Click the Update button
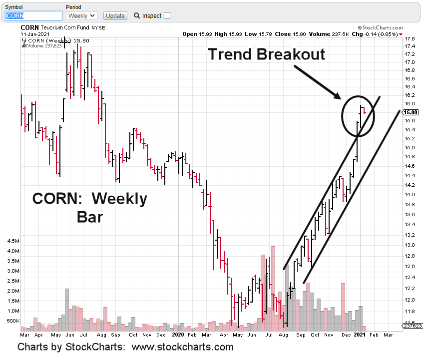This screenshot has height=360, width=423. (x=115, y=16)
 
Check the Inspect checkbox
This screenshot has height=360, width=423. (x=167, y=15)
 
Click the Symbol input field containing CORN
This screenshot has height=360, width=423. (x=33, y=16)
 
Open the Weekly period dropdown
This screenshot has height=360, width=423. (x=81, y=16)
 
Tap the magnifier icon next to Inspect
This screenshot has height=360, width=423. (x=137, y=16)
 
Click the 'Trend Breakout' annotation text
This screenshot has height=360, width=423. (x=266, y=54)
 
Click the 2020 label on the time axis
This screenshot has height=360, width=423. (x=178, y=334)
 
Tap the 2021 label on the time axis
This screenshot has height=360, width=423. (x=360, y=334)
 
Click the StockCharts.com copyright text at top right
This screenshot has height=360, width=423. (x=380, y=28)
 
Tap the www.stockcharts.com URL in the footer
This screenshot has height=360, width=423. (x=182, y=347)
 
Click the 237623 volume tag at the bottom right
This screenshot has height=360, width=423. (x=413, y=326)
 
